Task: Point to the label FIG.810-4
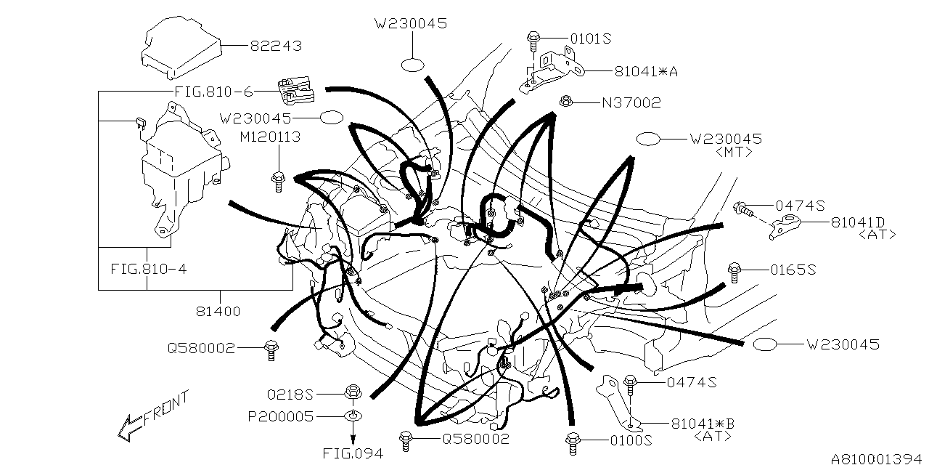(x=149, y=268)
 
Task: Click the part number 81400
(x=218, y=311)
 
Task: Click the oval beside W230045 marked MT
(x=648, y=139)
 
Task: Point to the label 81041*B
(x=693, y=423)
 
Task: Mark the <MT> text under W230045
(x=733, y=153)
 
